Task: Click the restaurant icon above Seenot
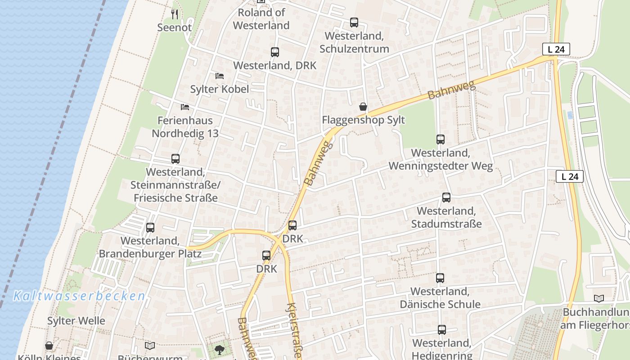click(x=175, y=14)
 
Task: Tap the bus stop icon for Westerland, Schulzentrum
click(x=354, y=22)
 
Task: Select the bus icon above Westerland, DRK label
click(x=275, y=52)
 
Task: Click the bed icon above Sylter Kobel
click(x=220, y=76)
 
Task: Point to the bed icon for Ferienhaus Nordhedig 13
click(x=185, y=107)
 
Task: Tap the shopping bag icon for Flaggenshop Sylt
click(x=363, y=107)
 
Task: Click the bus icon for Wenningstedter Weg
click(x=441, y=139)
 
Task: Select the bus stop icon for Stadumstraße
click(x=446, y=198)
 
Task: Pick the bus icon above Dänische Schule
click(x=440, y=278)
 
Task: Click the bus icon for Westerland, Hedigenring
click(x=442, y=330)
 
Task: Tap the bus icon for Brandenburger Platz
click(x=150, y=228)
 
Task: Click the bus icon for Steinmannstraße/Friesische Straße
click(x=175, y=159)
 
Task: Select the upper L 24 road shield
click(x=556, y=49)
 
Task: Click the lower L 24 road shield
click(x=570, y=176)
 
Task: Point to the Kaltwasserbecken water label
click(x=79, y=296)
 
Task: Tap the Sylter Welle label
click(x=76, y=321)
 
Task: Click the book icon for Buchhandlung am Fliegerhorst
click(x=598, y=299)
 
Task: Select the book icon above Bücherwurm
click(x=150, y=346)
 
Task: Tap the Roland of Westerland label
click(x=261, y=19)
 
